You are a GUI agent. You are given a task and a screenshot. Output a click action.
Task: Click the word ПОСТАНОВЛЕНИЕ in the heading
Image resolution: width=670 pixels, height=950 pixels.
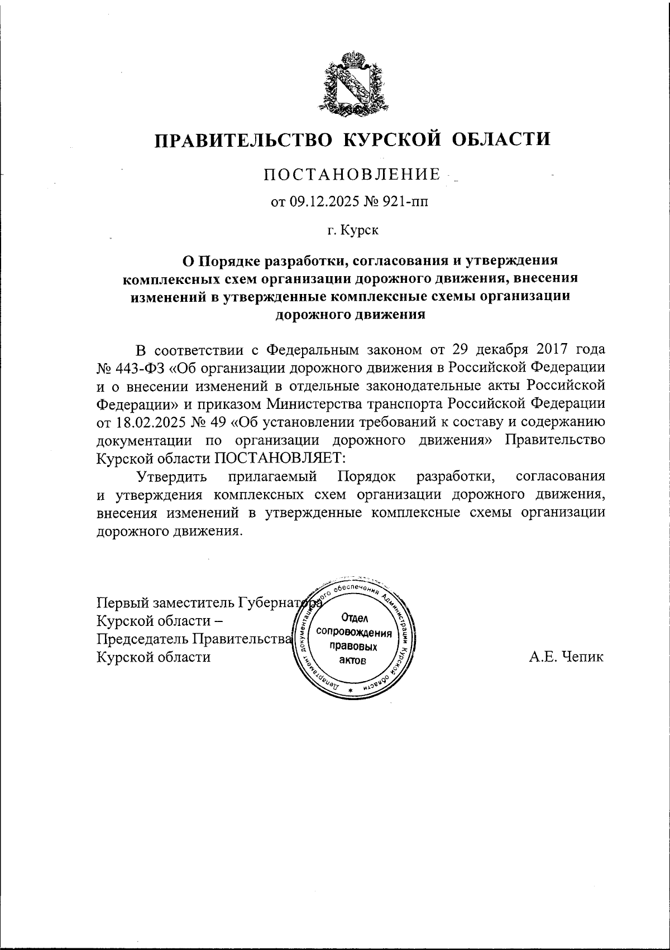(x=352, y=175)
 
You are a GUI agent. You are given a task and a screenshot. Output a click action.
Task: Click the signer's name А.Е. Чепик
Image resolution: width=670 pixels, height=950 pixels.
(x=566, y=657)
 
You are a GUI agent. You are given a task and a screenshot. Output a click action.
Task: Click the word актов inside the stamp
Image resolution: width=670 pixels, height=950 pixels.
(x=353, y=661)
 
